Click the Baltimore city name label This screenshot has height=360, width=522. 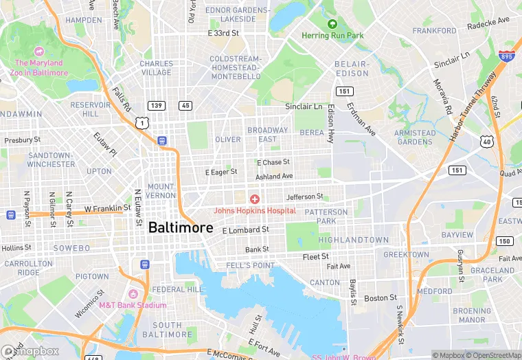176,227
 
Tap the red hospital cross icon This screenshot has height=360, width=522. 254,199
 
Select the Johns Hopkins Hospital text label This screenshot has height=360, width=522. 255,210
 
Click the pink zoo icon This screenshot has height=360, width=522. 39,52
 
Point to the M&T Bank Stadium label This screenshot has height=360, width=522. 133,305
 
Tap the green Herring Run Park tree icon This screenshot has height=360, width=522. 333,24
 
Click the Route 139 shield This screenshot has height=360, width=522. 157,105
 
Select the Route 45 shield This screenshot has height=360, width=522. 185,105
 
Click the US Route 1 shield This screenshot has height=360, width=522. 141,122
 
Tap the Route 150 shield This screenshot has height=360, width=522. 505,241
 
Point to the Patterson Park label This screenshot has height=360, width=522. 321,216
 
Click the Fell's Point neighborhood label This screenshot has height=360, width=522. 255,265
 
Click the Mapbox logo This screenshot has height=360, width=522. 31,351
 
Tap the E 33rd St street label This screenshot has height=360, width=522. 227,33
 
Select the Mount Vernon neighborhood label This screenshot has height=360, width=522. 161,191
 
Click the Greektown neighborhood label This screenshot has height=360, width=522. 406,254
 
